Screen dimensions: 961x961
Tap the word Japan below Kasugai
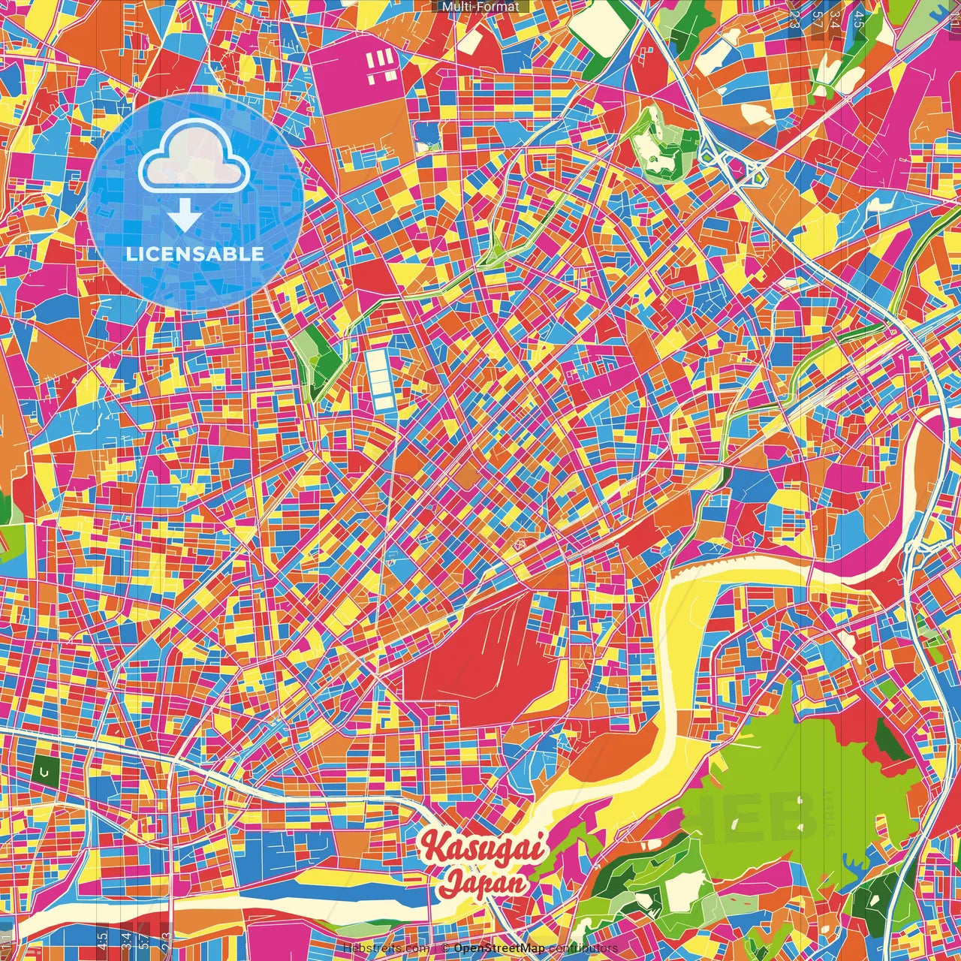483,882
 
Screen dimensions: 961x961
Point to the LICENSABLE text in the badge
195,254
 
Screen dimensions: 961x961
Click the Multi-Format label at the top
480,7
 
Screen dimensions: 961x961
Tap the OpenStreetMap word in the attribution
499,948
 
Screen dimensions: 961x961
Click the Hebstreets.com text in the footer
386,948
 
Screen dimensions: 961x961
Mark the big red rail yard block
480,661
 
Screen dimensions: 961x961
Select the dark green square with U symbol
45,771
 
